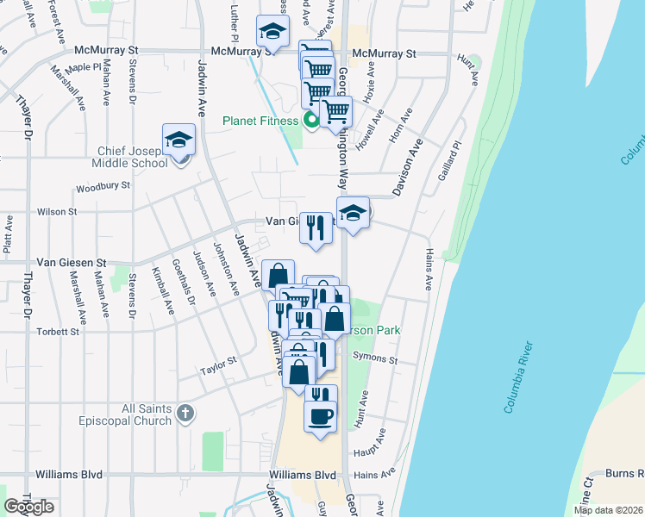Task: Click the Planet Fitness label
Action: coord(260,121)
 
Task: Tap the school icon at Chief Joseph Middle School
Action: coord(179,140)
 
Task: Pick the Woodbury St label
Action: coord(103,185)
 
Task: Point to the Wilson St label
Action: coord(56,211)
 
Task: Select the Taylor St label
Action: coord(219,366)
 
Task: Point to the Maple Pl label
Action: coord(84,67)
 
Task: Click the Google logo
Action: coord(28,507)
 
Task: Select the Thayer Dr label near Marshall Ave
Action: coord(22,112)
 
